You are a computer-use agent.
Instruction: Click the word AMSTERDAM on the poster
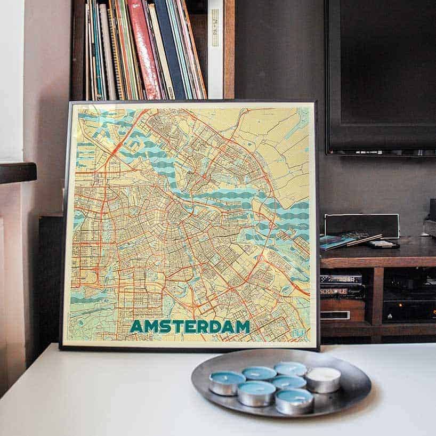pos(190,326)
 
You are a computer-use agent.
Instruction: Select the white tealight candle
pos(322,380)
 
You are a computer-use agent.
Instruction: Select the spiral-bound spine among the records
pos(116,53)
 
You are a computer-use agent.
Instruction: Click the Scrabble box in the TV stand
pos(342,292)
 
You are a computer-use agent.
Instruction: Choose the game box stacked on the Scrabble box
pos(341,279)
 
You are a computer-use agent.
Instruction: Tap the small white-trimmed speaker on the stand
pos(362,225)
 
